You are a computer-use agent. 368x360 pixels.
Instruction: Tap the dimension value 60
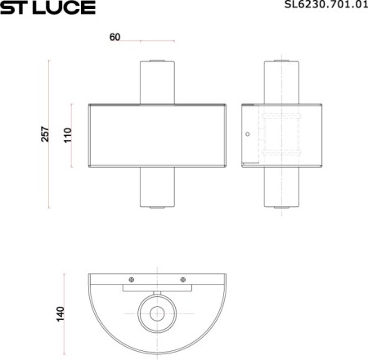point(114,38)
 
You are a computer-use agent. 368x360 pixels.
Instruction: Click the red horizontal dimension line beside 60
point(157,39)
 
